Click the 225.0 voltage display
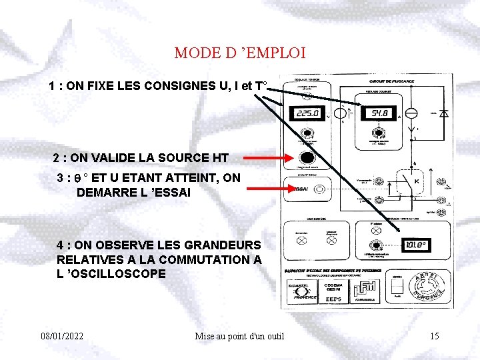pyautogui.click(x=307, y=114)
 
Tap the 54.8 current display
pyautogui.click(x=380, y=114)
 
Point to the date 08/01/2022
pyautogui.click(x=62, y=336)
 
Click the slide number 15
pyautogui.click(x=434, y=336)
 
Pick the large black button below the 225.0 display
pyautogui.click(x=307, y=159)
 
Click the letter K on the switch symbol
pyautogui.click(x=416, y=181)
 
